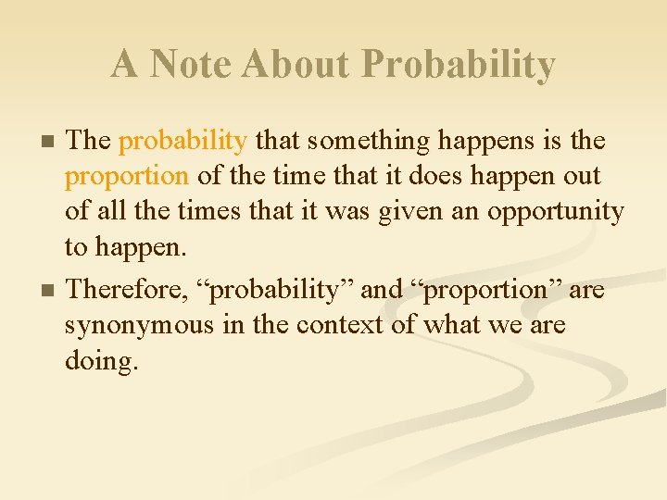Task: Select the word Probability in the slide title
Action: tap(459, 65)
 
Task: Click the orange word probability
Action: tap(182, 142)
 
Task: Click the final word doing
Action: tap(102, 361)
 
